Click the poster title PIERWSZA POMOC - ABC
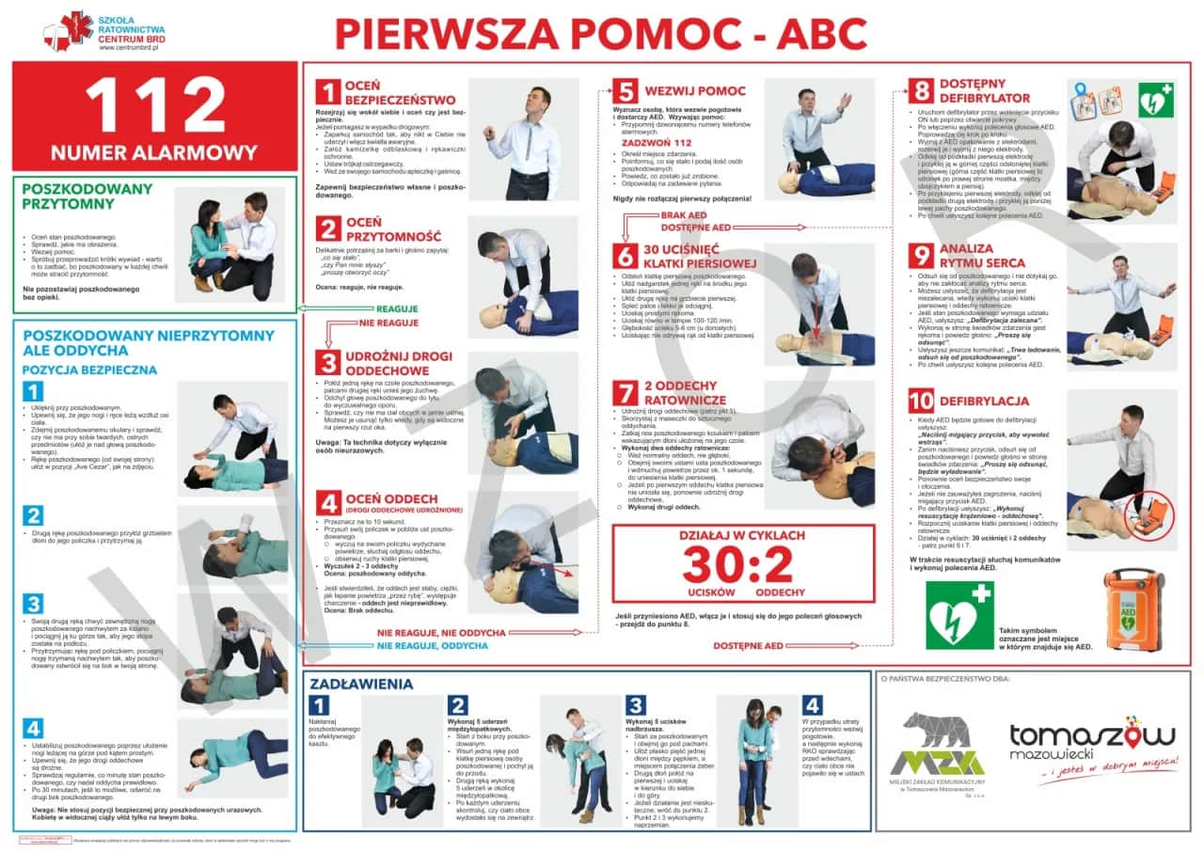pyautogui.click(x=601, y=33)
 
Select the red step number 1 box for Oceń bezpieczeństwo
pyautogui.click(x=327, y=92)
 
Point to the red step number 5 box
pyautogui.click(x=625, y=92)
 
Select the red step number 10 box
pyautogui.click(x=921, y=402)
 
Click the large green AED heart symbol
pyautogui.click(x=958, y=615)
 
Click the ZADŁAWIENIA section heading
pyautogui.click(x=361, y=684)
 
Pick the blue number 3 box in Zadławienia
pyautogui.click(x=636, y=705)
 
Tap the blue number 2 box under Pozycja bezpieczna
pyautogui.click(x=33, y=515)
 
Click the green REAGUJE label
pyautogui.click(x=397, y=308)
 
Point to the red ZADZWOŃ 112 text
pyautogui.click(x=676, y=142)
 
